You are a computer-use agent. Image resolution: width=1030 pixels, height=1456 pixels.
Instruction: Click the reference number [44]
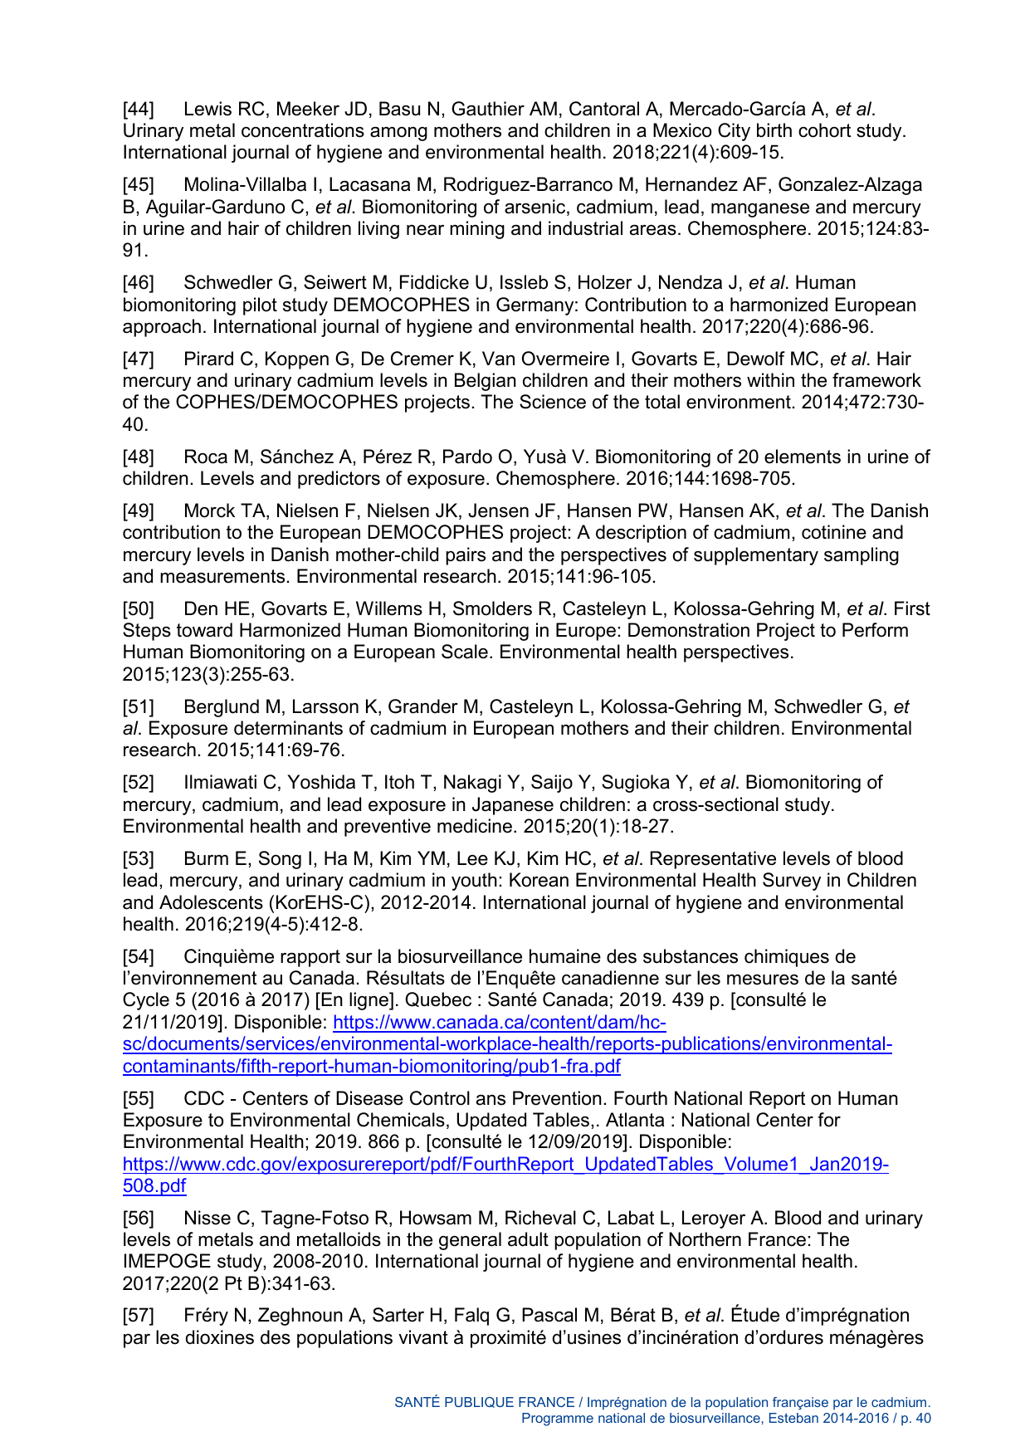click(x=138, y=110)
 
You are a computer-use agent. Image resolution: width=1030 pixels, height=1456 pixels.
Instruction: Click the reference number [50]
click(x=138, y=609)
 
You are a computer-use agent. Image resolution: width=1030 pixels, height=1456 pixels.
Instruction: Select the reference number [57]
click(x=138, y=1316)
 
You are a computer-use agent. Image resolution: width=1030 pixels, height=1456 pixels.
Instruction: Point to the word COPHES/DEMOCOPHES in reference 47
click(x=286, y=403)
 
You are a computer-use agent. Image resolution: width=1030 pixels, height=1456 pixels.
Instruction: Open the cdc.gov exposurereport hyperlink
click(x=505, y=1165)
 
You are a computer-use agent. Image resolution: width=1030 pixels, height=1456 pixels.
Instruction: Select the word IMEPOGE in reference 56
click(x=161, y=1262)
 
